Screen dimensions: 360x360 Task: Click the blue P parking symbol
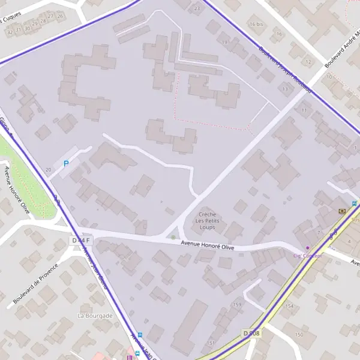pos(67,163)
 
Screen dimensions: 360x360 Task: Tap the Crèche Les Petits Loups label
pos(208,221)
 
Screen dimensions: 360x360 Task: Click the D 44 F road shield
pos(80,241)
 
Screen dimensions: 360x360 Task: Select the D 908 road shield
pos(251,332)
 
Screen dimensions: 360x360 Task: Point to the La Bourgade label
pos(95,315)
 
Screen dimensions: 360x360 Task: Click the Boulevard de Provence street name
pos(36,283)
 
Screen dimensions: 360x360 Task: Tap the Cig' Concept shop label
pos(307,256)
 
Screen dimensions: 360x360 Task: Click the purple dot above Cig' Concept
pos(308,247)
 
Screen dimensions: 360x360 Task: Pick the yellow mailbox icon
pos(342,211)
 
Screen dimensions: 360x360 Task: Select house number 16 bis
pos(256,24)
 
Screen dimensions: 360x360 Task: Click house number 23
pos(197,9)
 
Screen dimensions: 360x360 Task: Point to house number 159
pos(237,305)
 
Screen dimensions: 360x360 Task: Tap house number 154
pos(290,307)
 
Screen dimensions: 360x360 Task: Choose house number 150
pos(299,334)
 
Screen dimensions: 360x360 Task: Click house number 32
pos(10,32)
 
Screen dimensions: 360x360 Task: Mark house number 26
pos(60,16)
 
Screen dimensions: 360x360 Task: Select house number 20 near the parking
pos(48,170)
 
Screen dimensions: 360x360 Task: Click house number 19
pos(224,43)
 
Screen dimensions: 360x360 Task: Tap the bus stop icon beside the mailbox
pos(355,203)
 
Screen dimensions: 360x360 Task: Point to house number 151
pos(211,343)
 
